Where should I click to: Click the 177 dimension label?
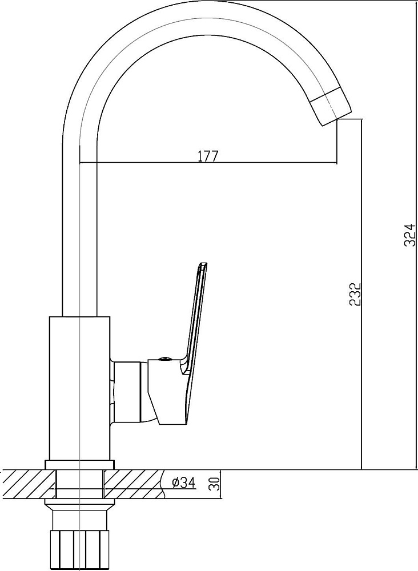click(207, 155)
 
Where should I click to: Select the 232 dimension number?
click(355, 293)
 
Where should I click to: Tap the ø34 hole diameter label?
click(183, 482)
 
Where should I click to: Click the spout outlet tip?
click(337, 119)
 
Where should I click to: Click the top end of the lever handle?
click(203, 263)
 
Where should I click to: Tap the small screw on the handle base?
click(164, 359)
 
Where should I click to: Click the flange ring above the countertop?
click(80, 465)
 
